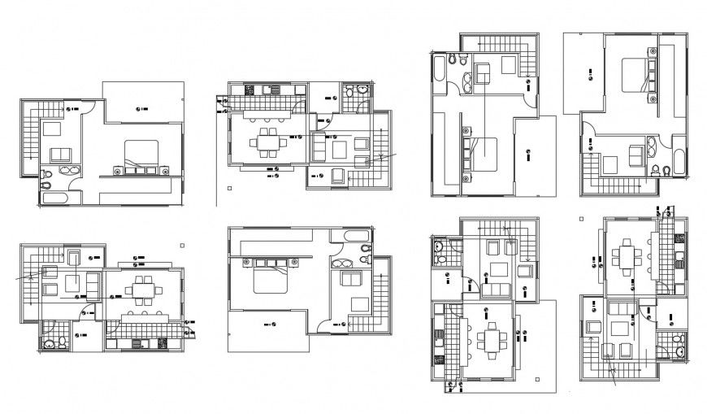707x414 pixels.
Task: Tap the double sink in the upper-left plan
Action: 70,172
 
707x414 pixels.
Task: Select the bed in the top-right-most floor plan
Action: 635,73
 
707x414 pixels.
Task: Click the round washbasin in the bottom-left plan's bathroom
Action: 52,345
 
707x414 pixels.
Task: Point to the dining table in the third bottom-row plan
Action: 489,336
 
